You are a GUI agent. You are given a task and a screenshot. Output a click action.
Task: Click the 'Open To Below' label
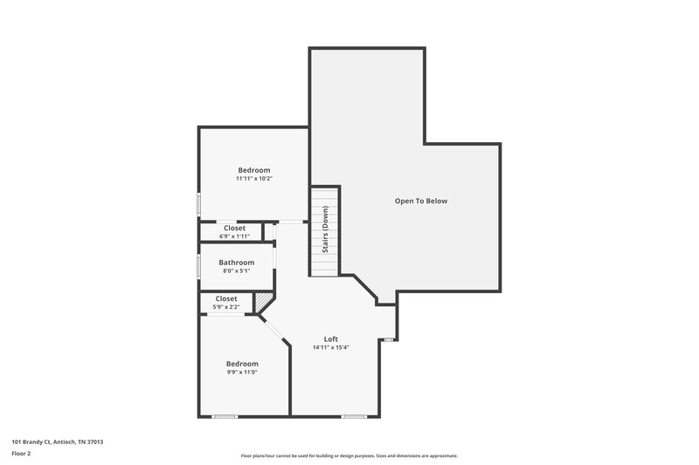420,201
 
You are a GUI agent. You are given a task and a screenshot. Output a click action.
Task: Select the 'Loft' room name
330,338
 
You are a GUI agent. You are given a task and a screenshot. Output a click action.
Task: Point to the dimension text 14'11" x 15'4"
331,348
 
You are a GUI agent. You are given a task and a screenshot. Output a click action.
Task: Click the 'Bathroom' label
236,262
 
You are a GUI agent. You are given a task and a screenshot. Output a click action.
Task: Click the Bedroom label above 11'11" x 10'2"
254,169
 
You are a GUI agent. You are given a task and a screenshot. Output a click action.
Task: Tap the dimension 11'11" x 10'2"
254,179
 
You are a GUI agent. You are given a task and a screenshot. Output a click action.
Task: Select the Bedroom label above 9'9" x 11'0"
242,363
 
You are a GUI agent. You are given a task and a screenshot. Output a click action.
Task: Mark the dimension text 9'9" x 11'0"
242,373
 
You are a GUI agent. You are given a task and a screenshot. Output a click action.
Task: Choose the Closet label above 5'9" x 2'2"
226,298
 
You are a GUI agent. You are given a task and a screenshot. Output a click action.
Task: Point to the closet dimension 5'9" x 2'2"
226,307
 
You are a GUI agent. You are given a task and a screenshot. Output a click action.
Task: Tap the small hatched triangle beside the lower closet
260,303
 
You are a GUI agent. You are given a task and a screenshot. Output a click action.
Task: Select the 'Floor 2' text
22,454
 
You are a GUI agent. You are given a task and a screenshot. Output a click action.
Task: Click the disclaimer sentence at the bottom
349,455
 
